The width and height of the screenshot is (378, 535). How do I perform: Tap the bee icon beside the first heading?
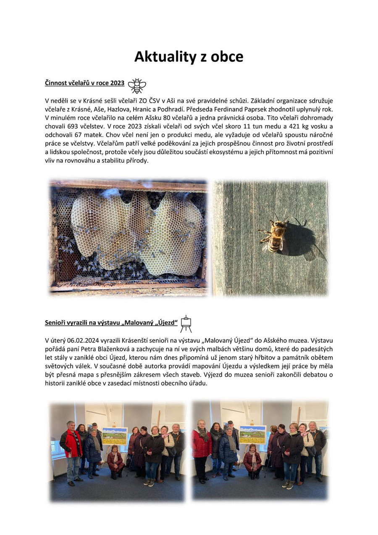[x=137, y=85]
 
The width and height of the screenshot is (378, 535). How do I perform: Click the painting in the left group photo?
[x=115, y=436]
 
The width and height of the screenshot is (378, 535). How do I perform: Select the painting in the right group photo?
[x=252, y=435]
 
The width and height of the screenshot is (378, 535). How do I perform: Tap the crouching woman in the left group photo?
[x=115, y=461]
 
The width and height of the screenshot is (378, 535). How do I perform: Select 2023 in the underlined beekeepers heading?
[x=117, y=83]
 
